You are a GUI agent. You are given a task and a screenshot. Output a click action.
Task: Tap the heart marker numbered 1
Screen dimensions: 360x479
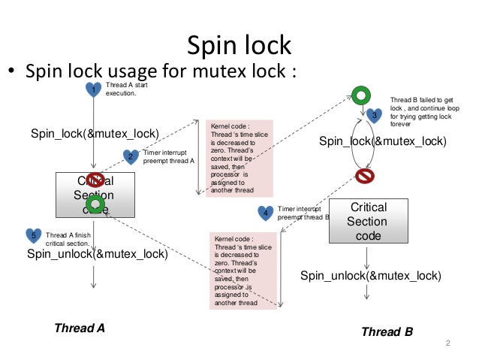[93, 89]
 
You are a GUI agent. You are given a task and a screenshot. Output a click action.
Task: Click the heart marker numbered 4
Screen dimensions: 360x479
[265, 213]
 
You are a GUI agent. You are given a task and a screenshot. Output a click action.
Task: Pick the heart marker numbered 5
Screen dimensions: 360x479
[33, 235]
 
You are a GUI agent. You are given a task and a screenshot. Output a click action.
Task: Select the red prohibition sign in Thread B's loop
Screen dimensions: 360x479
[363, 176]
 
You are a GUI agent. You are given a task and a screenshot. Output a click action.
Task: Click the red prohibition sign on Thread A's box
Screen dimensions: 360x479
[94, 180]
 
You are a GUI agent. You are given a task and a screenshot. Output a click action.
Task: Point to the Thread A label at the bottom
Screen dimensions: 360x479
[80, 328]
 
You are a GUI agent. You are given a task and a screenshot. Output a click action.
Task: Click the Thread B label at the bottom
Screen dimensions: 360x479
[387, 331]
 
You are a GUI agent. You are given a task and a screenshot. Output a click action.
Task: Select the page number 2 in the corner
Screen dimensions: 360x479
[447, 344]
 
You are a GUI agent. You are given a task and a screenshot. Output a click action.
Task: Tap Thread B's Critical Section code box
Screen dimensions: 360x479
[367, 221]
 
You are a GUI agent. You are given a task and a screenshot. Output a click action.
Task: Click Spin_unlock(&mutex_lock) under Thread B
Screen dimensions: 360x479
[371, 276]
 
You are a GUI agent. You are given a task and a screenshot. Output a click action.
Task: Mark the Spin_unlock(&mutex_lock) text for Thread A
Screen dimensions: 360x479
[97, 253]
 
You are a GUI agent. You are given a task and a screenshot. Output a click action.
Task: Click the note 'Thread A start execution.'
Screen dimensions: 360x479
[121, 91]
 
